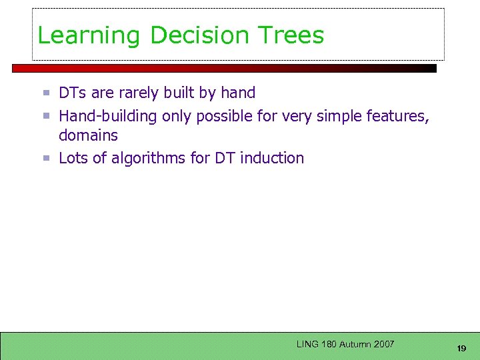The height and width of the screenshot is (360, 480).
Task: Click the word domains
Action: [x=88, y=135]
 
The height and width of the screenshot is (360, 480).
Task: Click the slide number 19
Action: [x=461, y=349]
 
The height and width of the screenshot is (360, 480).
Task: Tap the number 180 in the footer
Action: [x=328, y=344]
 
